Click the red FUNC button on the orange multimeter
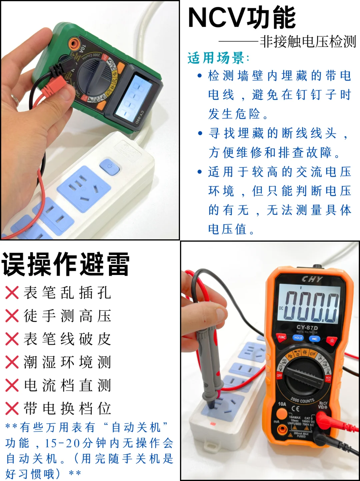click(x=282, y=337)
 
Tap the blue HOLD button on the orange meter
click(x=298, y=338)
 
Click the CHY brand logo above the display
click(x=312, y=279)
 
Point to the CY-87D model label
click(x=307, y=327)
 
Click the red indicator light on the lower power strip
click(x=212, y=424)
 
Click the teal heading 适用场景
click(x=218, y=58)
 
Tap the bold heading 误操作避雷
click(x=66, y=264)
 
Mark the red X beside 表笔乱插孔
click(x=12, y=293)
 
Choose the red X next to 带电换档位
click(x=12, y=408)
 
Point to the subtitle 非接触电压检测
click(x=307, y=42)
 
